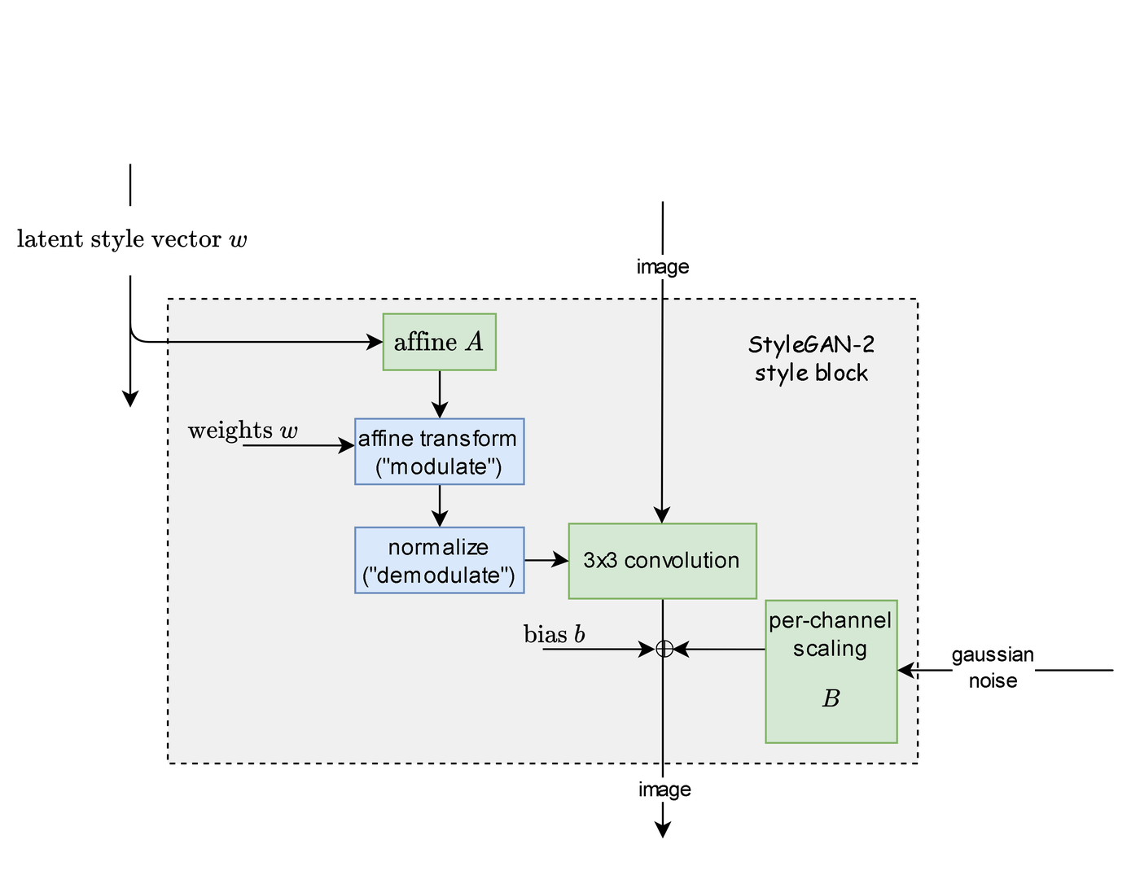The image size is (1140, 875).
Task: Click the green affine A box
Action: [x=439, y=342]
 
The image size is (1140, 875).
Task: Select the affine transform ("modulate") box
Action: [x=439, y=452]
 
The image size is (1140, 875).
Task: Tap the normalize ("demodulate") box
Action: [x=439, y=560]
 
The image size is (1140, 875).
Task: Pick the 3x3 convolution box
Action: [x=662, y=561]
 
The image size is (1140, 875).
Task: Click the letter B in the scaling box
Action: [x=831, y=698]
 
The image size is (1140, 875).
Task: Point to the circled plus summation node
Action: [x=664, y=649]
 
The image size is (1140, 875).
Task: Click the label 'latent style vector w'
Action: [x=132, y=239]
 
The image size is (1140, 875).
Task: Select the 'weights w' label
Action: [x=243, y=431]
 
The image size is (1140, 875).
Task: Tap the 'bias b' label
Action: [x=554, y=634]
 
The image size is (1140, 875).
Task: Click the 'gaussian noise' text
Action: [x=993, y=667]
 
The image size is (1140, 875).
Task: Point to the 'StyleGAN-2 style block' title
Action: [x=811, y=359]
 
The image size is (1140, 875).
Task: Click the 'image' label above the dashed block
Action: [x=663, y=267]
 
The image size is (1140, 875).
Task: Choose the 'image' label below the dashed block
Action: [x=664, y=790]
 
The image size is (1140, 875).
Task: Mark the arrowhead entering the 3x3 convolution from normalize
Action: [x=561, y=560]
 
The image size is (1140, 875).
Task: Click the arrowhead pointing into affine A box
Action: [x=375, y=342]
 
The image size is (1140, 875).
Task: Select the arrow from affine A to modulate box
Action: [x=440, y=394]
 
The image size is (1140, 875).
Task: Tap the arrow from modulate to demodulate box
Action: [x=440, y=506]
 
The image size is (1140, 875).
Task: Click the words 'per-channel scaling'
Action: [x=830, y=634]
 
